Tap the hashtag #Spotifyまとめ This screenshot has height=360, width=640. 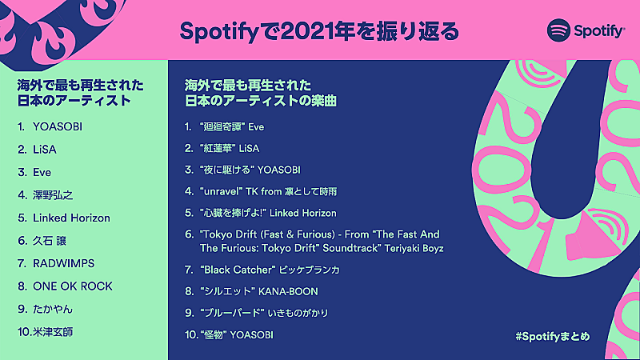[x=553, y=336]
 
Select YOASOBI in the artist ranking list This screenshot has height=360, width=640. [x=58, y=126]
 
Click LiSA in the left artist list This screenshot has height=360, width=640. [x=45, y=149]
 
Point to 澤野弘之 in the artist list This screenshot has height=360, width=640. [x=53, y=194]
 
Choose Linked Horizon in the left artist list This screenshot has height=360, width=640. [x=71, y=218]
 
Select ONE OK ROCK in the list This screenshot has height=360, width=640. [x=73, y=286]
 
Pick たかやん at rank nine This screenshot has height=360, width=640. [x=54, y=309]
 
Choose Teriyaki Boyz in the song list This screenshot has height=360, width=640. [x=413, y=249]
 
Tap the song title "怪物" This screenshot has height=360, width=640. [x=212, y=335]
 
